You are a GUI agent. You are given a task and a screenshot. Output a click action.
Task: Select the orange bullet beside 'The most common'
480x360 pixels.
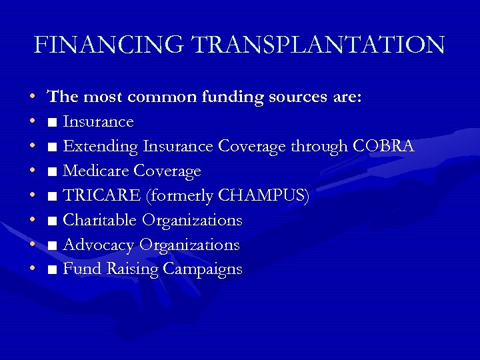[33, 98]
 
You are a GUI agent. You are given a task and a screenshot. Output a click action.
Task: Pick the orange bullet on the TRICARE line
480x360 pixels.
[33, 197]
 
